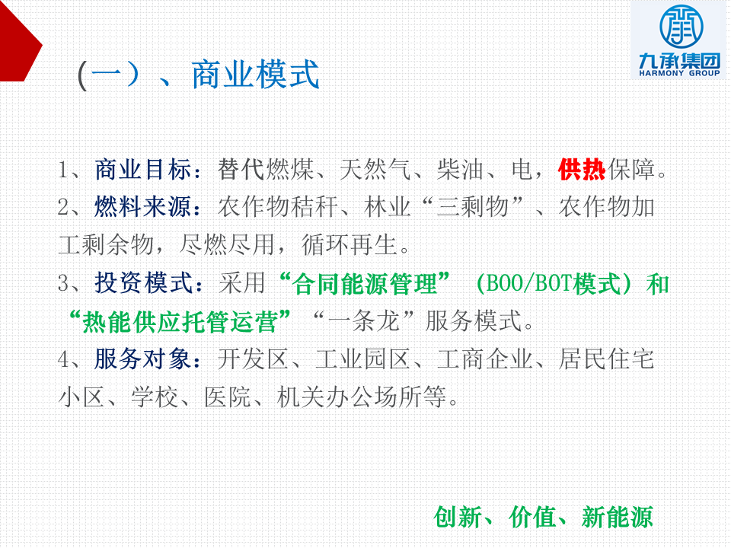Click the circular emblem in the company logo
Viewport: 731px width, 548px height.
click(x=681, y=26)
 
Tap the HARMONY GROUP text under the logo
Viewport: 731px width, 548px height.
click(x=679, y=73)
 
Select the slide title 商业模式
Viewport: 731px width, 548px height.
click(x=256, y=75)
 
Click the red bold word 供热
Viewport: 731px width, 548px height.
click(x=582, y=169)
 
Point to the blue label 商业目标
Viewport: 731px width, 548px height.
click(x=142, y=169)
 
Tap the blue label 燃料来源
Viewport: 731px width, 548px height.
click(x=142, y=207)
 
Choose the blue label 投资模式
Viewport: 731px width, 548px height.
click(x=142, y=283)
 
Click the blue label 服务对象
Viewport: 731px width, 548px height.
click(x=142, y=359)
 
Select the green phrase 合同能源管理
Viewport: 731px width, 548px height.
click(x=365, y=284)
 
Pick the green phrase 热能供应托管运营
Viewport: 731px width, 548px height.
click(x=180, y=321)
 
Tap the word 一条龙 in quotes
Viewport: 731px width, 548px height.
click(x=364, y=321)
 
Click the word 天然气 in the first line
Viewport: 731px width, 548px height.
click(x=375, y=169)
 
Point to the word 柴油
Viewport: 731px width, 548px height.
click(x=460, y=169)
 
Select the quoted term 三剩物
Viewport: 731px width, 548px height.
click(x=472, y=207)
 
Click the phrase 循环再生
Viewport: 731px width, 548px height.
click(x=349, y=245)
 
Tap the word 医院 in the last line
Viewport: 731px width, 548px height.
click(x=228, y=397)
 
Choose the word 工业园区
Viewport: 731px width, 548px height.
click(x=363, y=359)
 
